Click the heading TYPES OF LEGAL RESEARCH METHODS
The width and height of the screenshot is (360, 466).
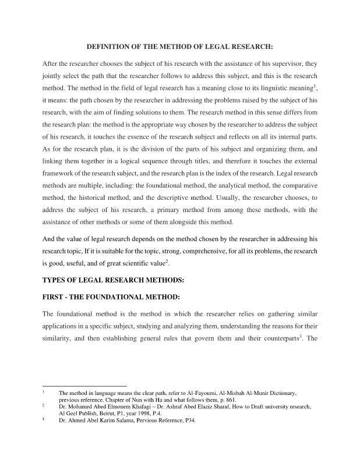point(114,280)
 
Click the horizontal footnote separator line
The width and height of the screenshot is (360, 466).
point(85,386)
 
